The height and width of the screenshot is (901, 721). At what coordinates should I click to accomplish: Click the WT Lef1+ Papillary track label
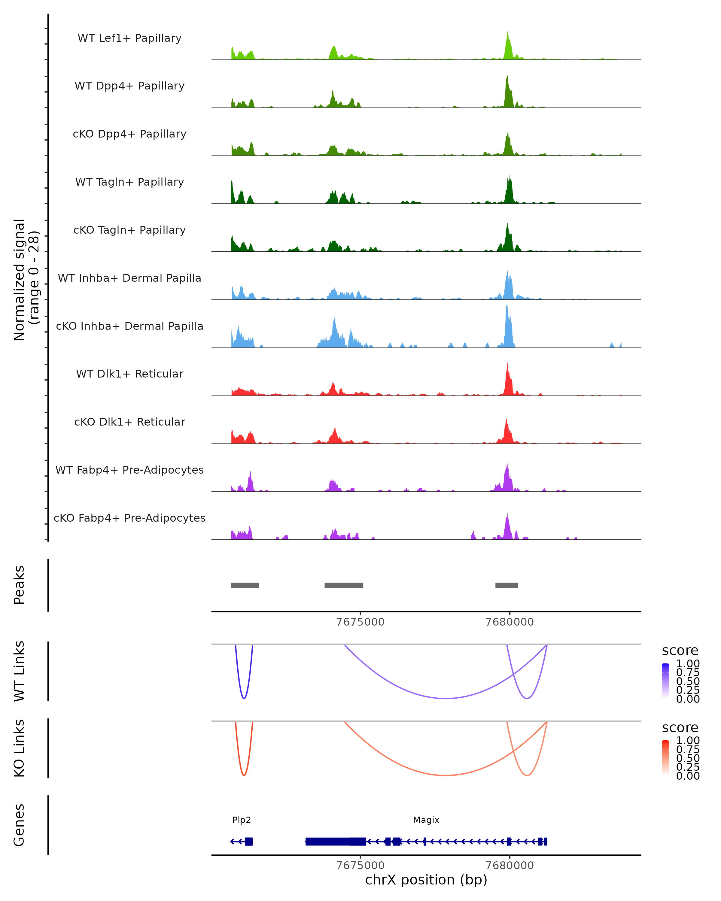click(129, 38)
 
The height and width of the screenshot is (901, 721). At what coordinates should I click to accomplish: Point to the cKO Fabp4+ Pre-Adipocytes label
click(129, 518)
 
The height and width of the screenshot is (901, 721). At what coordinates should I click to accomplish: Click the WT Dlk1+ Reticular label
click(129, 374)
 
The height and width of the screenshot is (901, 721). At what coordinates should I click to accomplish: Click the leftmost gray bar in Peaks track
click(245, 585)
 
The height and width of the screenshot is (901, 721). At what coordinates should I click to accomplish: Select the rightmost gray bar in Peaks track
click(507, 585)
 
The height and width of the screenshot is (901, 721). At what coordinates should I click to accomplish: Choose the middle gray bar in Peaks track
click(344, 585)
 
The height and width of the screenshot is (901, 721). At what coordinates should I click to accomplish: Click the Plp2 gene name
click(242, 820)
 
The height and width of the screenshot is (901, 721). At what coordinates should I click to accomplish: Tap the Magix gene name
click(426, 820)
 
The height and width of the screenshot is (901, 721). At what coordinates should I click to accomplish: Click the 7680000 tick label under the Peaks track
click(510, 622)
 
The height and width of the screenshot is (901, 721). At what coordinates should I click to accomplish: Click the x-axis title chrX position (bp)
click(426, 880)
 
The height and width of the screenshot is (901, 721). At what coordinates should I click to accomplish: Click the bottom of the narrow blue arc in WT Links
click(244, 698)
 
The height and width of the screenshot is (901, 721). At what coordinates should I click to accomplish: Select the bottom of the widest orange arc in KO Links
click(446, 775)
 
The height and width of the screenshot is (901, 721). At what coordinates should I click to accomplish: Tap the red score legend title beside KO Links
click(680, 728)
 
